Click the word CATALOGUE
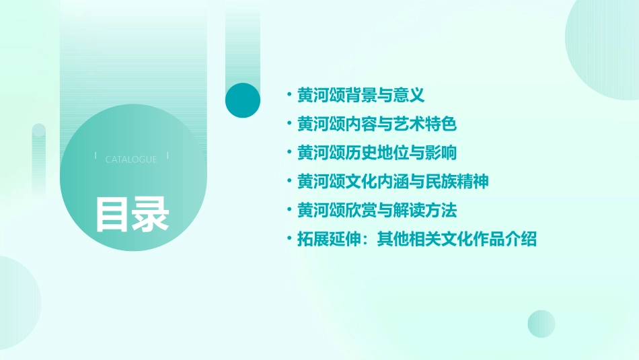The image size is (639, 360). (x=131, y=159)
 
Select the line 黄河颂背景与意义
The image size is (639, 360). (x=361, y=96)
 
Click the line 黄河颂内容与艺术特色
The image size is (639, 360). (x=377, y=124)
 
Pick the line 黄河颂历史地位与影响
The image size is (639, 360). (x=377, y=153)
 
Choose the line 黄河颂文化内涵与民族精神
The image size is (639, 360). (x=393, y=182)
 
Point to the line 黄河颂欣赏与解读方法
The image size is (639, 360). (x=377, y=211)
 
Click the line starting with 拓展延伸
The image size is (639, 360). (x=417, y=239)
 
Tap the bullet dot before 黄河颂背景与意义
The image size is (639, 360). (x=289, y=96)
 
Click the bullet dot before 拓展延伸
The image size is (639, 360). (x=289, y=239)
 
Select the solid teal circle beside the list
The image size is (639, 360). (x=243, y=100)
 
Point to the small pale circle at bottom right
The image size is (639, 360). (x=541, y=324)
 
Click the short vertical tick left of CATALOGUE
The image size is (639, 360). (x=96, y=156)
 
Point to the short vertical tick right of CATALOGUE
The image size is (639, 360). (x=167, y=156)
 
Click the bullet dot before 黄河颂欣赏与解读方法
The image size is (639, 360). (x=289, y=211)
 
